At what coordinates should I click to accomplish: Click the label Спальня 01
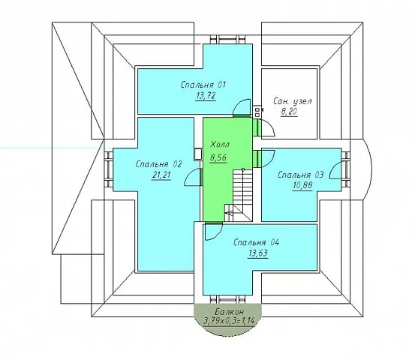(203, 85)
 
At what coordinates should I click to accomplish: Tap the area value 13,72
(206, 96)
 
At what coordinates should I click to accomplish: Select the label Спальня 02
(158, 164)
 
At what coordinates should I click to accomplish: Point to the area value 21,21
(161, 175)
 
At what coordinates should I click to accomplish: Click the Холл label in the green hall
(220, 145)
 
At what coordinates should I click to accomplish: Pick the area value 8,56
(218, 157)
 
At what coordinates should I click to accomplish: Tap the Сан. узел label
(293, 101)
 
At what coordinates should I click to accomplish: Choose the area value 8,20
(289, 112)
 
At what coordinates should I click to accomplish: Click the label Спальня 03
(300, 175)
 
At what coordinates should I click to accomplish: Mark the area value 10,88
(302, 185)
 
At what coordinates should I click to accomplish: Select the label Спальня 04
(256, 242)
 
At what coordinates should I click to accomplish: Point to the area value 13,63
(258, 253)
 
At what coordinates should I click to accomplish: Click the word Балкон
(229, 312)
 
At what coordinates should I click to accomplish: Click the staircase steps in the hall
(243, 195)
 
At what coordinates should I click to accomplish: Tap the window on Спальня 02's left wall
(109, 169)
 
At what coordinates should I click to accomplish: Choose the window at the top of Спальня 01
(227, 40)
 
